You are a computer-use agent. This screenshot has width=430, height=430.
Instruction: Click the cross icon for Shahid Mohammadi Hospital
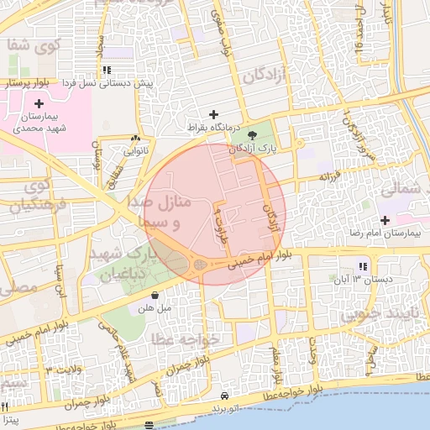[39, 102]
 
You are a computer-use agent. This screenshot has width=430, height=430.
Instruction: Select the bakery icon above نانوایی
[135, 138]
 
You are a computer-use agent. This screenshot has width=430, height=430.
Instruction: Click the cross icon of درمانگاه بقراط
[213, 114]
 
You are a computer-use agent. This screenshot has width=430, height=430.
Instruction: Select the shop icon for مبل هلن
[156, 295]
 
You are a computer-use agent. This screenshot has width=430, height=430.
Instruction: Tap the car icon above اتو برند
[224, 395]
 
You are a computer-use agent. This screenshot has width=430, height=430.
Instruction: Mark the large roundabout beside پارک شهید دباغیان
[199, 266]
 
